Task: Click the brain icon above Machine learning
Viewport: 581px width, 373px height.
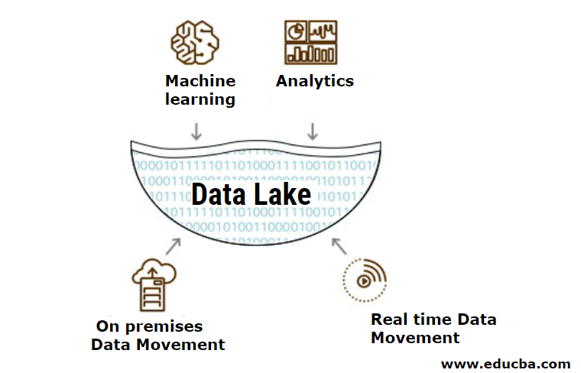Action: click(x=192, y=42)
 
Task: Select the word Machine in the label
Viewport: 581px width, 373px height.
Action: click(x=200, y=81)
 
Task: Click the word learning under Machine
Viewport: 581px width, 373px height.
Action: click(x=200, y=99)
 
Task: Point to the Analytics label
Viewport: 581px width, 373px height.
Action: click(x=315, y=81)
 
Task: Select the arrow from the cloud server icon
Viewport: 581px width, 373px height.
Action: click(x=173, y=246)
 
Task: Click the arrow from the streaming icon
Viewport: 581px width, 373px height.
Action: click(x=339, y=246)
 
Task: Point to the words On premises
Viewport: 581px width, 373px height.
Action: click(x=150, y=326)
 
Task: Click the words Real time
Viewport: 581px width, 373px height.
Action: click(x=414, y=319)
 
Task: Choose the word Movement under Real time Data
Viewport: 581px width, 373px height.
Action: click(x=415, y=337)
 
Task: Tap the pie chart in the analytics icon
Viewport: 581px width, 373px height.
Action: click(x=296, y=31)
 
